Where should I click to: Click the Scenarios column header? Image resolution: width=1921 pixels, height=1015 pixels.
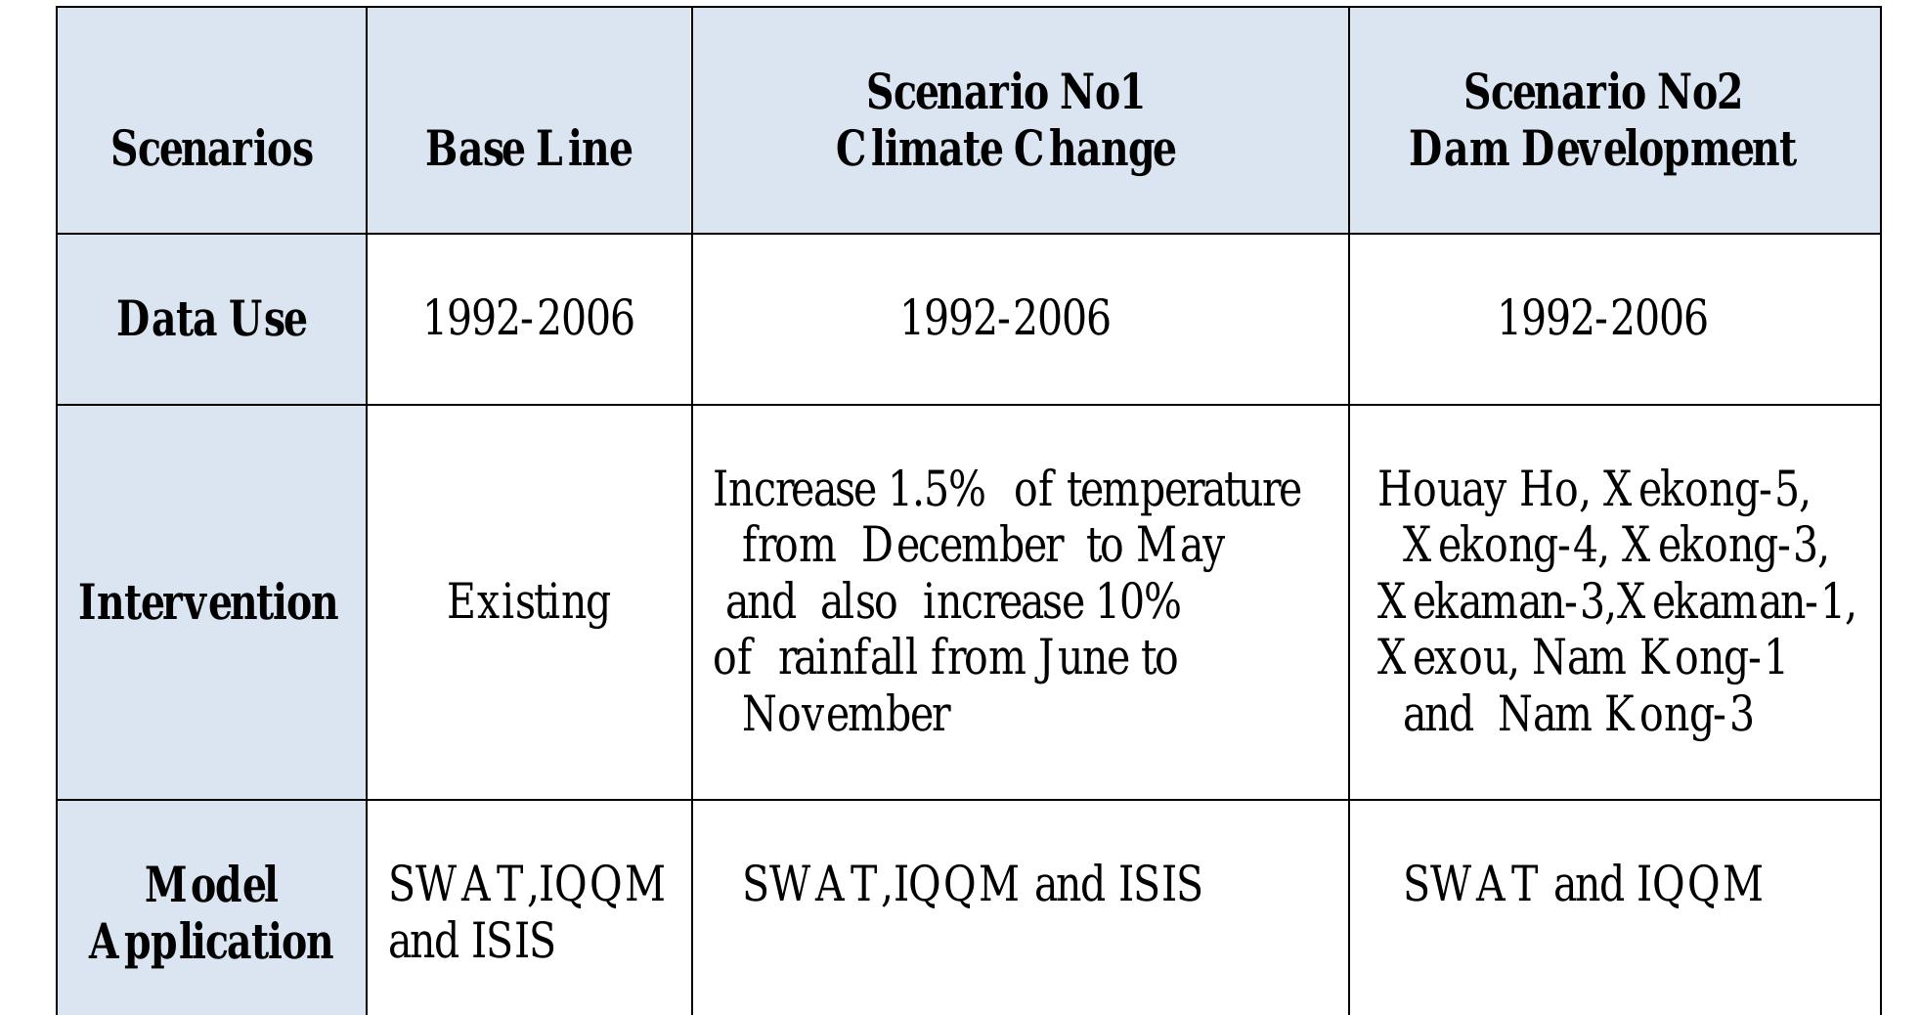coord(211,149)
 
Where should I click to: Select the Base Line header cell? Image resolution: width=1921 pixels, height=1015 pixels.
coord(529,149)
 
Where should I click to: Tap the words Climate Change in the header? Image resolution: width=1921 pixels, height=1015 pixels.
coord(1005,150)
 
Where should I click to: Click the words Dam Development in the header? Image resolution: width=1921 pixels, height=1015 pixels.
coord(1602,150)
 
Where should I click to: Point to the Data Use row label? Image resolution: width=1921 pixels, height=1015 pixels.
coord(211,319)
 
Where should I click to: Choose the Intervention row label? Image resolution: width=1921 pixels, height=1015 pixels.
coord(208,602)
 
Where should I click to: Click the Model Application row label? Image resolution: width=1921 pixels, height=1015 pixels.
coord(211,913)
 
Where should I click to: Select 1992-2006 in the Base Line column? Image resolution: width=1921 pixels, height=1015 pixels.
coord(529,319)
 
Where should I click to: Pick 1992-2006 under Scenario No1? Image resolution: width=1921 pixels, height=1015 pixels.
coord(1005,319)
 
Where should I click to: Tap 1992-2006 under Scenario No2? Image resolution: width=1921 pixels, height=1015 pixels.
coord(1602,319)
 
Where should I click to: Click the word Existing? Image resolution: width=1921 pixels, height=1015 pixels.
coord(529,602)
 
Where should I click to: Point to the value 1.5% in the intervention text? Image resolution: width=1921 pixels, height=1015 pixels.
coord(937,490)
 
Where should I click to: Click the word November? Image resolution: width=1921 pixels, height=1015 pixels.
coord(846,715)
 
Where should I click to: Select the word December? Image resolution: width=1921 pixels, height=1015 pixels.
coord(962,546)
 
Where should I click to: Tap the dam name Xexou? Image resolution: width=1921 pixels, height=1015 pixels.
coord(1441,658)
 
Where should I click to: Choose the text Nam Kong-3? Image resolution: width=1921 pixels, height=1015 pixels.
coord(1625,715)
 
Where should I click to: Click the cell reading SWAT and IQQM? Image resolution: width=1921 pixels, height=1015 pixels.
coord(1583,884)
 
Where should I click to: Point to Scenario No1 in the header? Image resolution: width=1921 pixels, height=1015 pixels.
coord(1005,93)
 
